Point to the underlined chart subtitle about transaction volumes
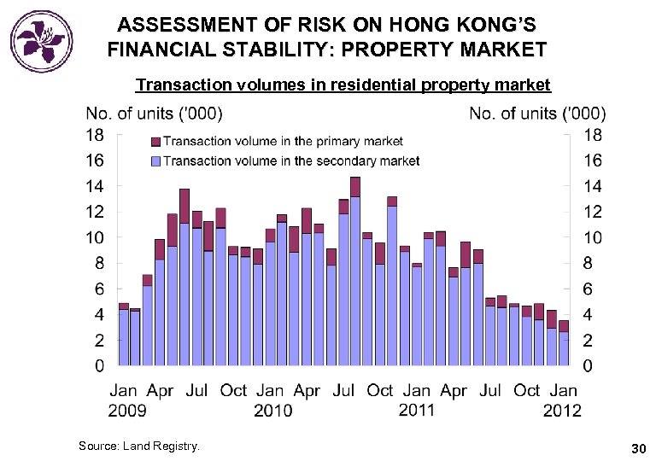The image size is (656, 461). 343,85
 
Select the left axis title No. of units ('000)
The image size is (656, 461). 155,114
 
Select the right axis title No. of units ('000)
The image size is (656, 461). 538,114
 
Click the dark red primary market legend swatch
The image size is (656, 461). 155,141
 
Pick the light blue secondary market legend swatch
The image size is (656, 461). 155,160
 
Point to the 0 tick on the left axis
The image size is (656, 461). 99,366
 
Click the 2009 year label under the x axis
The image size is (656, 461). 127,411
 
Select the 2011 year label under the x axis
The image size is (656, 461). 416,411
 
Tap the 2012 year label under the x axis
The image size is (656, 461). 562,411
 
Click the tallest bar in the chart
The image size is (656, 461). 355,273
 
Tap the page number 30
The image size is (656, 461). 637,447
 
